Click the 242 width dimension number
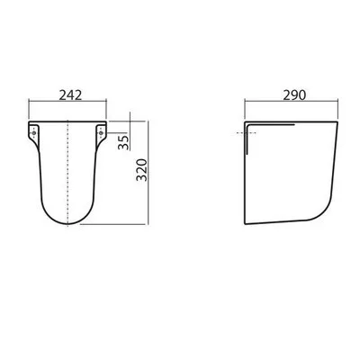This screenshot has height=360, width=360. tap(68, 94)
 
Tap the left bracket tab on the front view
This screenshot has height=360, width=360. tap(37, 131)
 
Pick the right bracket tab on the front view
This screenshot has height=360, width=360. tap(100, 131)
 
